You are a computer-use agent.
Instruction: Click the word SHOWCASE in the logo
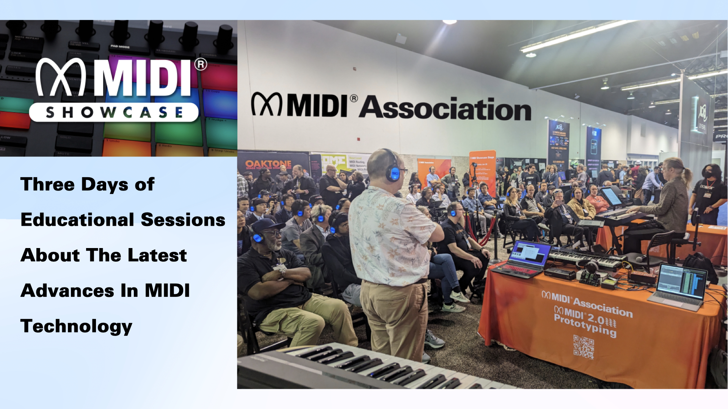114,112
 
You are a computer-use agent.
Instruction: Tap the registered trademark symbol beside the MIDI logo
201,64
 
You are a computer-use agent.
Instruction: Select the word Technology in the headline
76,326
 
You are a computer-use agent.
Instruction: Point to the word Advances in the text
67,291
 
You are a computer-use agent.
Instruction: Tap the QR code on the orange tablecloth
583,347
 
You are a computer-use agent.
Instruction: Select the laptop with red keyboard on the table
525,259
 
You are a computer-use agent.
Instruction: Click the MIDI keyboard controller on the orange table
586,258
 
